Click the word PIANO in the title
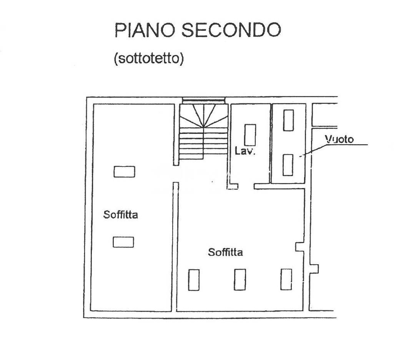point(145,30)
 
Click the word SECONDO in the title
point(231,30)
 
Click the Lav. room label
point(244,151)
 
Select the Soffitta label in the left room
point(120,215)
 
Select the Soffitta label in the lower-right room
point(225,252)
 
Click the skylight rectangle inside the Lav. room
point(250,135)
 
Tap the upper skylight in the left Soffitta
point(124,172)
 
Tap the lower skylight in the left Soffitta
point(123,242)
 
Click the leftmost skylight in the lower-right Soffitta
point(194,280)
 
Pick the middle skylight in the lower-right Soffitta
point(240,280)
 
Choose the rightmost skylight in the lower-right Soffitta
point(286,279)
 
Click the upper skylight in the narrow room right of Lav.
point(288,120)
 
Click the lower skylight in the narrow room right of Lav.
point(288,165)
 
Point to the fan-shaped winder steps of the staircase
point(203,116)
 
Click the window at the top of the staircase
point(203,100)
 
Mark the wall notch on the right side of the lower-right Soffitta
point(300,247)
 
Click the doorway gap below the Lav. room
point(246,186)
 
